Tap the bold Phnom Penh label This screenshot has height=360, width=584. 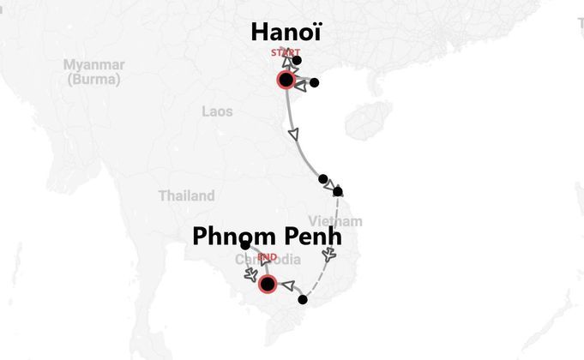coord(273,236)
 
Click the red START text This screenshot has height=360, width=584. coord(286,53)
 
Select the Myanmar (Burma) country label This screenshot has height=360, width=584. coord(94,72)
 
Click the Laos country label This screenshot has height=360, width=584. coord(217,111)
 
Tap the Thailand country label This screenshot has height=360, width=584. coord(186,196)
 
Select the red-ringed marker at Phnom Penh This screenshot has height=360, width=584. coord(268,284)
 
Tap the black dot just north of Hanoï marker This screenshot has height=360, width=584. coord(297,60)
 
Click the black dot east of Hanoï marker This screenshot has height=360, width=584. coord(314,83)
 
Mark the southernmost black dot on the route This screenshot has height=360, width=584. coord(302,300)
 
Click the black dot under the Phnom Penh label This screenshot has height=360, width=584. coord(245,246)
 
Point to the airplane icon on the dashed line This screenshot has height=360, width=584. coord(329,255)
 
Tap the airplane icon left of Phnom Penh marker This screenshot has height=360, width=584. coord(250,275)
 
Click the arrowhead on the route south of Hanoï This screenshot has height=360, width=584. coord(296,135)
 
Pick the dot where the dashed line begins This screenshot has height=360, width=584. coord(338,191)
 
